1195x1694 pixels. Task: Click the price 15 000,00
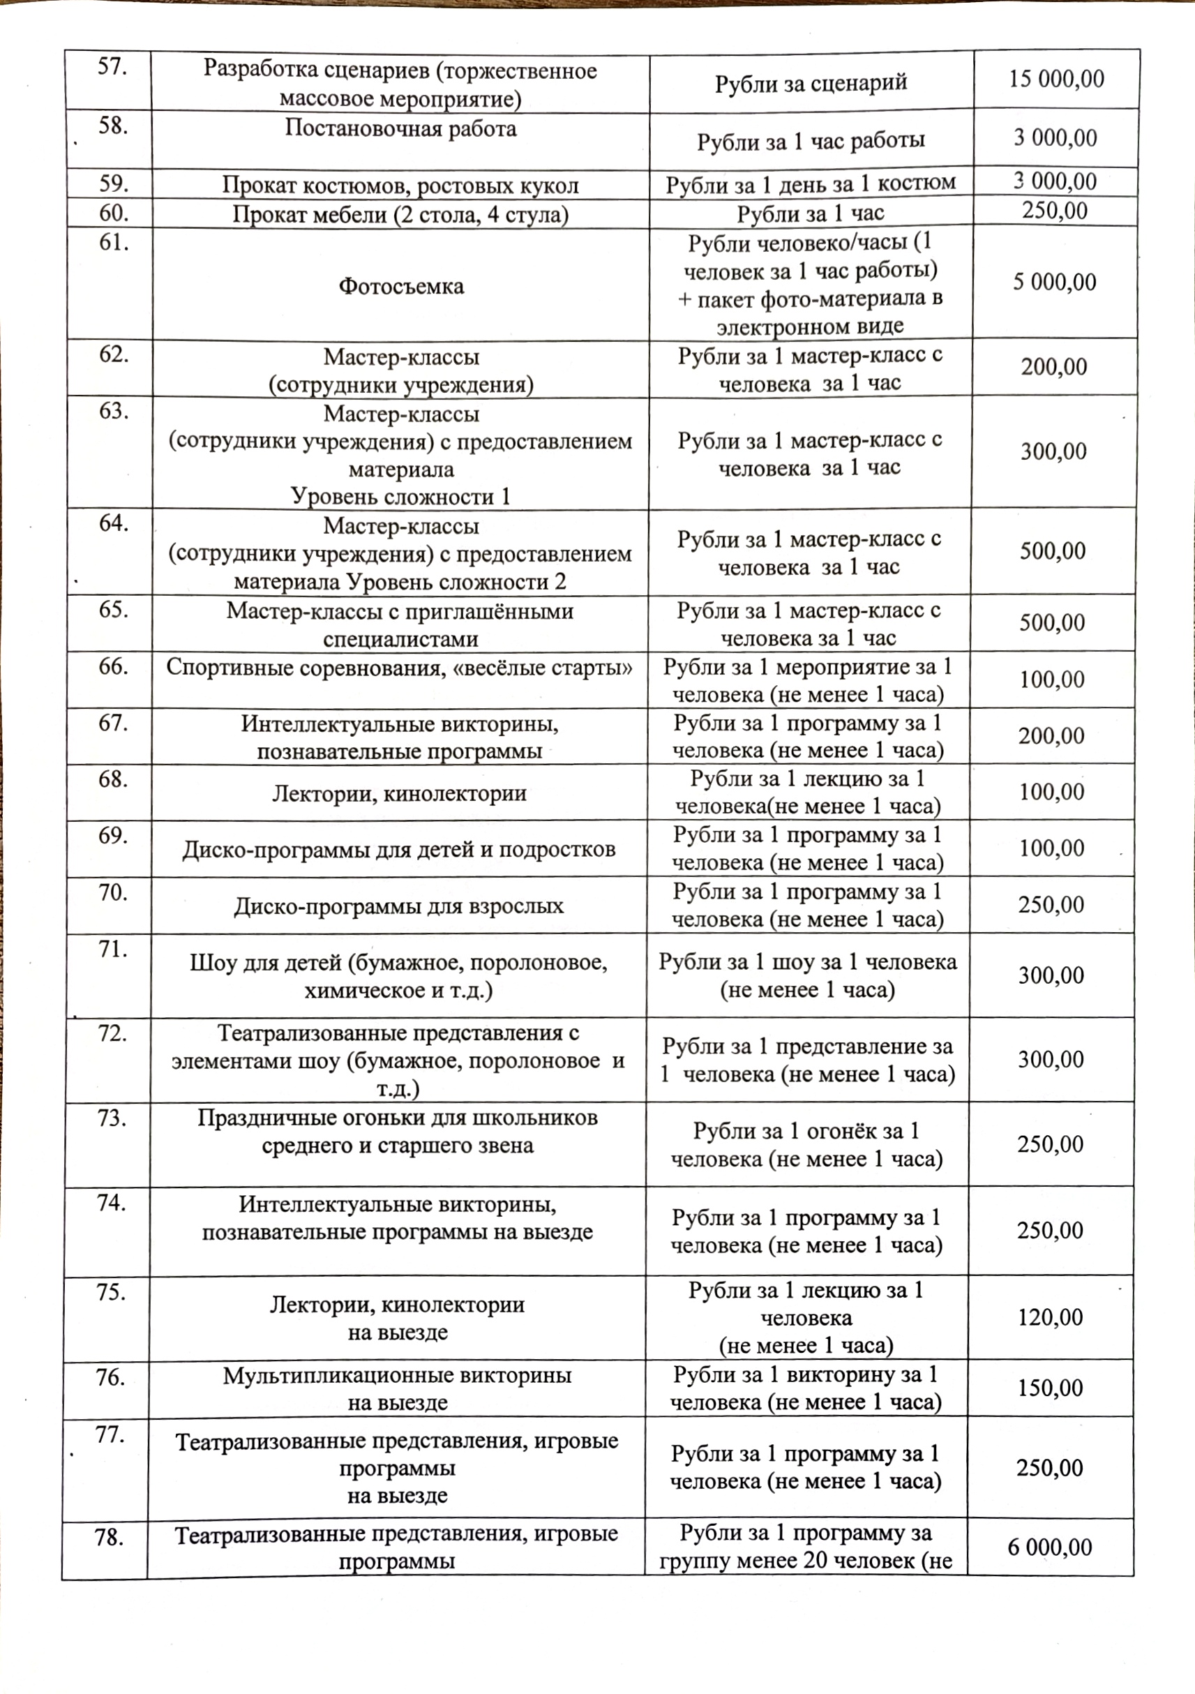[1055, 80]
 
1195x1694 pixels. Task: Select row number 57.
[112, 68]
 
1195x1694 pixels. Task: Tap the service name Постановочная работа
[400, 129]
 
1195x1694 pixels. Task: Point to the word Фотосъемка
[401, 286]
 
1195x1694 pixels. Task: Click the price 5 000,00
[1054, 282]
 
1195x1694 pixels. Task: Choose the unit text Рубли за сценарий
[811, 83]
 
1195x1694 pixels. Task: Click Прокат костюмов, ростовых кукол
[400, 185]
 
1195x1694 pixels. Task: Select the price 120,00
[1051, 1317]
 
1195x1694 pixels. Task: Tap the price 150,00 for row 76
[1051, 1388]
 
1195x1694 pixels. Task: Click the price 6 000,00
[1050, 1547]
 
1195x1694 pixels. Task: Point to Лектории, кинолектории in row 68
[399, 794]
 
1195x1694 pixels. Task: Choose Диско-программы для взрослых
[399, 906]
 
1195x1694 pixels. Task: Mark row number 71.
[112, 950]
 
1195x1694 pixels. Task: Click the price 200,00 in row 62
[1053, 367]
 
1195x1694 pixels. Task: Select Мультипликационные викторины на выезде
[398, 1388]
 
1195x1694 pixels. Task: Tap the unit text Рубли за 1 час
[810, 214]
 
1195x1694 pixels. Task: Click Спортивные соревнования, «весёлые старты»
[399, 668]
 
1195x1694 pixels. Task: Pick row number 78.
[108, 1538]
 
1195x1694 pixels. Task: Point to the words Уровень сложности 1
[400, 497]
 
